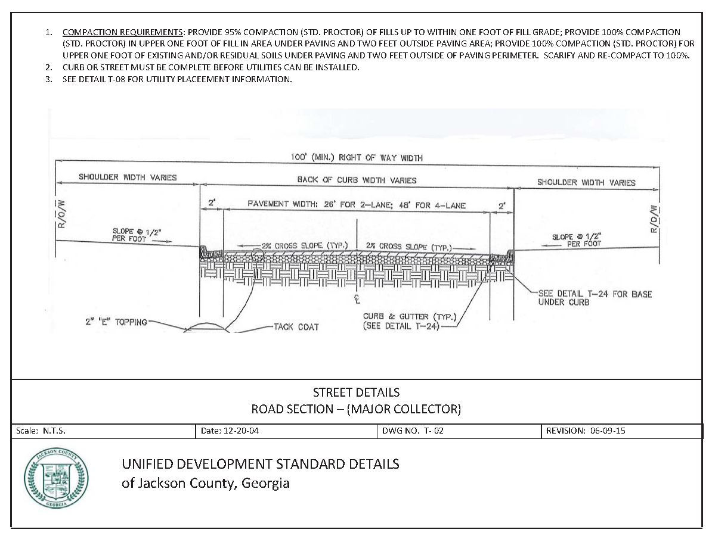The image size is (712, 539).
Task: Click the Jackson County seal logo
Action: (x=55, y=479)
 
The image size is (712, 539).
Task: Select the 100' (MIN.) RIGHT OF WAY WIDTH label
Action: (x=357, y=158)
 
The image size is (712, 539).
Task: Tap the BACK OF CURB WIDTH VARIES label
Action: (x=357, y=180)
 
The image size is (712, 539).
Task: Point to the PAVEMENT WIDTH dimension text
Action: (x=357, y=205)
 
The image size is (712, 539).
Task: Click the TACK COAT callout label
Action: (x=296, y=327)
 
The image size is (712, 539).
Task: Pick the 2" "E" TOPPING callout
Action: (x=116, y=322)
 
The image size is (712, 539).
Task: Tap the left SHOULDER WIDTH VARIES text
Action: (x=128, y=177)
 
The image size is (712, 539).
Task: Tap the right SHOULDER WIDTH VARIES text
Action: (x=586, y=182)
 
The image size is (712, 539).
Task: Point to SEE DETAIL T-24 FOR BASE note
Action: (x=595, y=298)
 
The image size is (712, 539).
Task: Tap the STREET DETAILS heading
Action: (x=356, y=392)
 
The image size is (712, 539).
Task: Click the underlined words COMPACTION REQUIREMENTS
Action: (x=123, y=32)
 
